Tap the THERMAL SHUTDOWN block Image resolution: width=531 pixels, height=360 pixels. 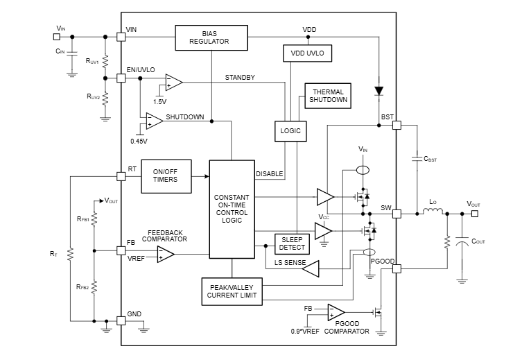328,96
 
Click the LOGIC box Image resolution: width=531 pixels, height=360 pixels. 290,130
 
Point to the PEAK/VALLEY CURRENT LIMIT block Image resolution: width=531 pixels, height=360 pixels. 232,291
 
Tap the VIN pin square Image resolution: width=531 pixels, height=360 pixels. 121,36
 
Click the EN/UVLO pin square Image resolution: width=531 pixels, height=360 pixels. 121,78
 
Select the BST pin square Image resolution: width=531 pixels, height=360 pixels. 397,126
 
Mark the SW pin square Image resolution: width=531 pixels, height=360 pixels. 397,214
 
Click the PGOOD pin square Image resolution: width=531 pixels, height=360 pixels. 397,268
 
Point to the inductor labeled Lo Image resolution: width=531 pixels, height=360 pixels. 433,213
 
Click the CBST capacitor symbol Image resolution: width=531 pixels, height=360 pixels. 417,159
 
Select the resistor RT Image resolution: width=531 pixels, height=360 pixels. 71,255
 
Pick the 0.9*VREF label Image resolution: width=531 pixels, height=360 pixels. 305,330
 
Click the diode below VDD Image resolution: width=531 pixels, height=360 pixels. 378,90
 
